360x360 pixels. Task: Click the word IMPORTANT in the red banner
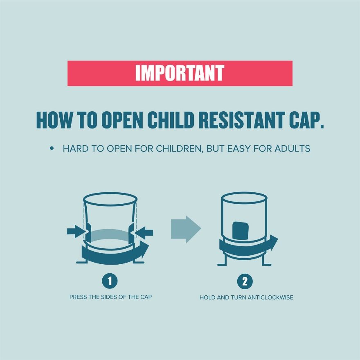[180, 73]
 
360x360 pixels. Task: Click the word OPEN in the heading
[122, 120]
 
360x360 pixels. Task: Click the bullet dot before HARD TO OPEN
[52, 148]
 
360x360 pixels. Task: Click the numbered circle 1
[110, 281]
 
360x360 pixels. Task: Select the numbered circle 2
[245, 281]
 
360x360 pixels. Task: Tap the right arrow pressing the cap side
[144, 233]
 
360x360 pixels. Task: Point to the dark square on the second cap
[241, 230]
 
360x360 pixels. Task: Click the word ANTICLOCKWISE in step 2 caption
[270, 297]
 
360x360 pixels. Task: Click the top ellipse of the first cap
[110, 193]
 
